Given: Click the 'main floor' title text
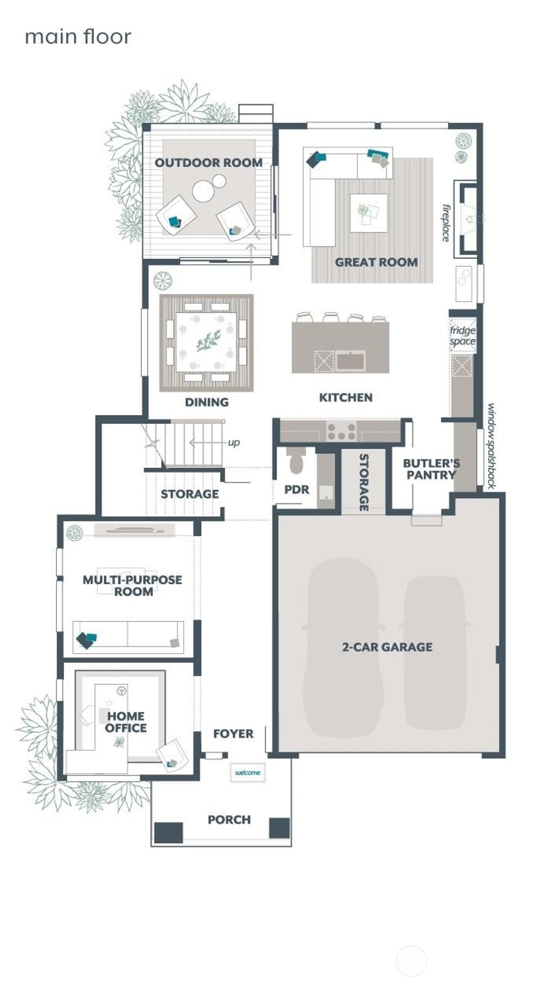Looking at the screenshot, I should [x=78, y=37].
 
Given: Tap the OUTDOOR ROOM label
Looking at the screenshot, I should [x=208, y=162].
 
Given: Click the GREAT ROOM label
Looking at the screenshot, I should [x=376, y=262].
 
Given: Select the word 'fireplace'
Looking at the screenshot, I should [x=446, y=222].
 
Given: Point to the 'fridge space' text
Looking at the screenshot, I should [x=462, y=336].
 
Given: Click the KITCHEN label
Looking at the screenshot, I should [x=345, y=397].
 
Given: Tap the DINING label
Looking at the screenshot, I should [x=206, y=402].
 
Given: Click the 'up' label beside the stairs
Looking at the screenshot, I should [x=234, y=443].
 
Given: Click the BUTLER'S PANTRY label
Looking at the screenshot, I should [x=431, y=468].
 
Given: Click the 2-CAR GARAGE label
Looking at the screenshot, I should [x=387, y=647].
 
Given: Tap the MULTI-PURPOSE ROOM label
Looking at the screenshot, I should [x=132, y=585].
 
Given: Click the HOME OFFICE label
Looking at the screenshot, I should [x=126, y=722].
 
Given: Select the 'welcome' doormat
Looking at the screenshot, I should [x=248, y=772].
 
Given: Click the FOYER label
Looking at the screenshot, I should [x=233, y=734].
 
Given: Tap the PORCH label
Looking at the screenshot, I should [x=229, y=820].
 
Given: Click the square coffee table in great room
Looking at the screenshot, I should [x=368, y=213].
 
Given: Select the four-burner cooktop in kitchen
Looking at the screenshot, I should [x=342, y=431].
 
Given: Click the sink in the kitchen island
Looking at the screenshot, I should [x=351, y=360].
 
